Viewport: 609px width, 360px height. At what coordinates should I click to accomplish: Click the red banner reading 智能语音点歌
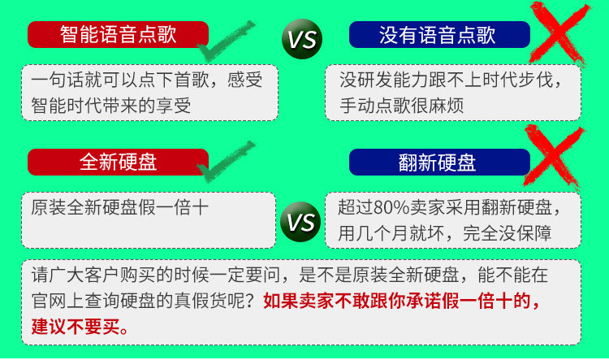[118, 35]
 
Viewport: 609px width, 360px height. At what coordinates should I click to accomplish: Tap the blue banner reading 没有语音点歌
[439, 35]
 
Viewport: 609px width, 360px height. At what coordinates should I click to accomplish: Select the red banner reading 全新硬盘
[118, 162]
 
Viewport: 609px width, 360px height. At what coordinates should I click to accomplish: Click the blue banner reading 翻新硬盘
[439, 162]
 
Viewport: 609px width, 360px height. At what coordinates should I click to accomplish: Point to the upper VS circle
[302, 39]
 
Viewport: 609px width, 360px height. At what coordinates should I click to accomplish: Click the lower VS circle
[300, 222]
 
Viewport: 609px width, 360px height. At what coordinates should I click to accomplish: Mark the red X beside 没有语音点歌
[559, 34]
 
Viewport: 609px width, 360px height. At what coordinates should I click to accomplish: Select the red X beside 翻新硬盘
[554, 158]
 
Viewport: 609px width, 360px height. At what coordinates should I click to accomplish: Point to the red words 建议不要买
[76, 327]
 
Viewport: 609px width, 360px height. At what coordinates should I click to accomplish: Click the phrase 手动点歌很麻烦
[402, 106]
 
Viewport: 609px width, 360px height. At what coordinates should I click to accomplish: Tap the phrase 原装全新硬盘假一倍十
[119, 207]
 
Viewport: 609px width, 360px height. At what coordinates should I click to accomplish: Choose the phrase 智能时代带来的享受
[111, 106]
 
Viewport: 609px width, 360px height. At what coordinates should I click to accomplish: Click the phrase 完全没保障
[507, 233]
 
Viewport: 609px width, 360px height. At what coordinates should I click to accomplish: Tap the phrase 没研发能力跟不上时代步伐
[447, 80]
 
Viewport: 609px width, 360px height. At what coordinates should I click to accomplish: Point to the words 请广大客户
[76, 275]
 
